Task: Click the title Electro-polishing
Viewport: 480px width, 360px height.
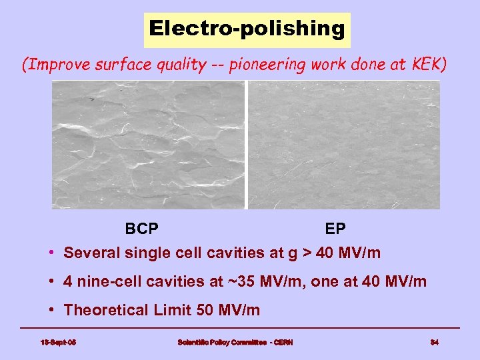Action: coord(247,29)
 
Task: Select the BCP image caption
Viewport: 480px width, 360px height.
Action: coord(141,229)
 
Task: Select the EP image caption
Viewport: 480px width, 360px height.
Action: coord(335,229)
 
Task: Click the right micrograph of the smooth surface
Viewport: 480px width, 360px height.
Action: coord(344,145)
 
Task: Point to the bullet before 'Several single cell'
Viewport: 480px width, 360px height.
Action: coord(52,253)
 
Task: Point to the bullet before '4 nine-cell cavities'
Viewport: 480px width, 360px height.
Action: coord(52,282)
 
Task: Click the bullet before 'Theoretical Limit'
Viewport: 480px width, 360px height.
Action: coord(52,311)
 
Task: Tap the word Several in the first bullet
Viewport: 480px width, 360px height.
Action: coord(89,253)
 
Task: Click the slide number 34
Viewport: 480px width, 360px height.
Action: coord(434,343)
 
